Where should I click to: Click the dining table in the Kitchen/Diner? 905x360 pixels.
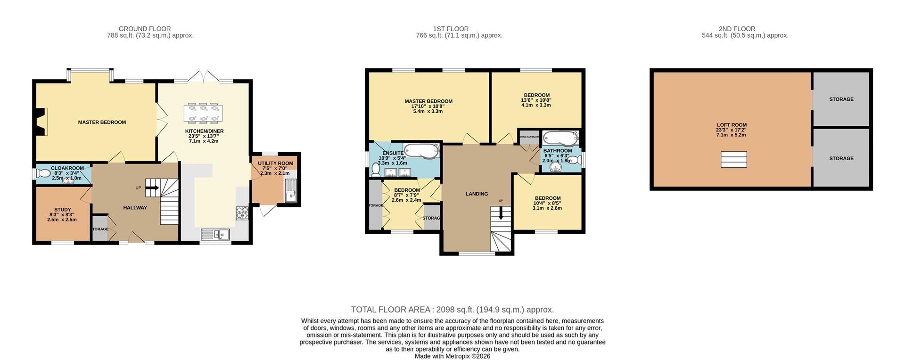tap(203, 112)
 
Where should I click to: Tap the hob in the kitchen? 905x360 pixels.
tap(242, 213)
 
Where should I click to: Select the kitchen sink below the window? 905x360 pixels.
tap(215, 234)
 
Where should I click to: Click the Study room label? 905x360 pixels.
tap(63, 210)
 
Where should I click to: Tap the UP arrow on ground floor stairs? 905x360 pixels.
tap(153, 188)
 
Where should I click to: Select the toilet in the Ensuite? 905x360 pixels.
tap(376, 168)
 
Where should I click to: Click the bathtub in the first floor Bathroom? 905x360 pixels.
tap(559, 139)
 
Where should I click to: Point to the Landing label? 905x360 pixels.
tap(477, 194)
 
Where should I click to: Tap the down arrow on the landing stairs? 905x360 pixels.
tap(501, 213)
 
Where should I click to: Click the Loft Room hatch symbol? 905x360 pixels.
tap(733, 159)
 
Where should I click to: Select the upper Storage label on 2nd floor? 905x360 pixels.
tap(841, 99)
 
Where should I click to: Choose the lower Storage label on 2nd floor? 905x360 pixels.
tap(841, 158)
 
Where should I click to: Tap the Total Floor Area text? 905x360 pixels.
tap(452, 310)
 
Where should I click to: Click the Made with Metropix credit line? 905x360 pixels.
tap(452, 356)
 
